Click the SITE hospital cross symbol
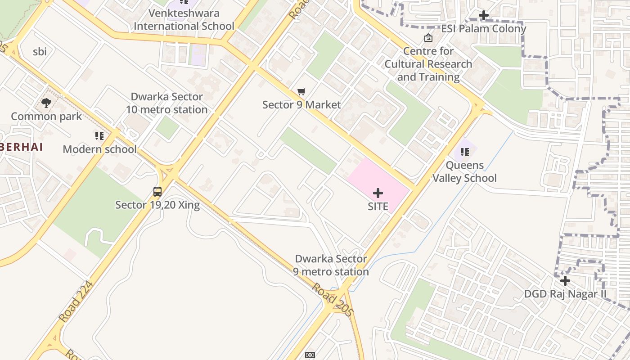coord(378,193)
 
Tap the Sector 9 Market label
coord(301,105)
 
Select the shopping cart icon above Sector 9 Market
coord(301,92)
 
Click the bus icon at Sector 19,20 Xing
coord(157,192)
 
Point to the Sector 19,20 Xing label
coord(157,205)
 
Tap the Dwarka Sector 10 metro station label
coord(166,103)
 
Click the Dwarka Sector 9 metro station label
coord(331,265)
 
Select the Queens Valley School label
coord(464,171)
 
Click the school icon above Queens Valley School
coord(465,152)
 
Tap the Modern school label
coord(99,149)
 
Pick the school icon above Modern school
coord(99,136)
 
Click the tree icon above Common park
coord(46,103)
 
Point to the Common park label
coord(46,117)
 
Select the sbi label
coord(40,51)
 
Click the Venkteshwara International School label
coord(184,19)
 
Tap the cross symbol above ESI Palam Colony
coord(484,15)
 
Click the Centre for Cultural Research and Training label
coord(428,64)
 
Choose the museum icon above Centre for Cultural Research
coord(428,38)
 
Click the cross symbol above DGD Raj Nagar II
coord(565,281)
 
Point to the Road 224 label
coord(76,301)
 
